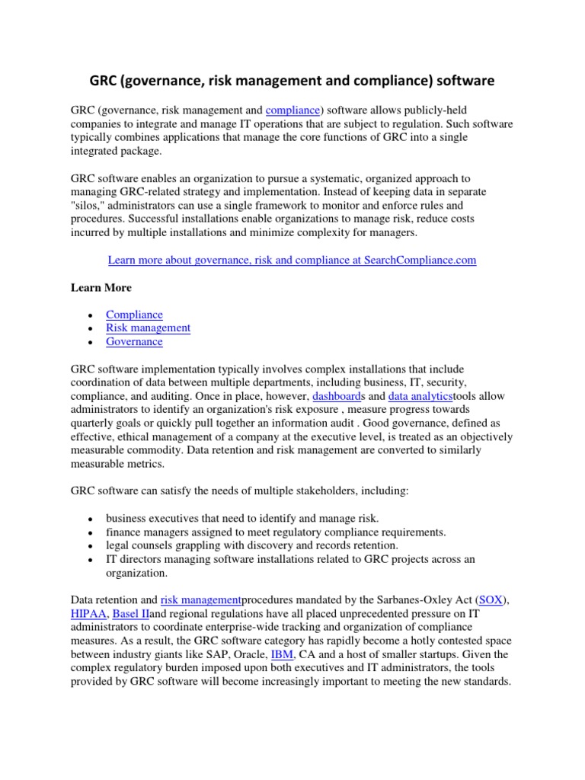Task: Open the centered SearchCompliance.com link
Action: pos(292,260)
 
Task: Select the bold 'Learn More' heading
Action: pos(101,287)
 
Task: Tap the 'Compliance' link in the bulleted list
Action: pos(134,314)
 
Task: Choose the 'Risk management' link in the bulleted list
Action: pos(148,328)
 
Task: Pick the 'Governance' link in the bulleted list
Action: pos(134,341)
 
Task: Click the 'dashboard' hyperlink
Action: pos(341,397)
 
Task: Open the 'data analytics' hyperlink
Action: pos(420,397)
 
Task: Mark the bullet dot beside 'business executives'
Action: pos(91,519)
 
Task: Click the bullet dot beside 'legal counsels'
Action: pos(91,547)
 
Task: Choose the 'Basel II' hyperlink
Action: pos(130,614)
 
